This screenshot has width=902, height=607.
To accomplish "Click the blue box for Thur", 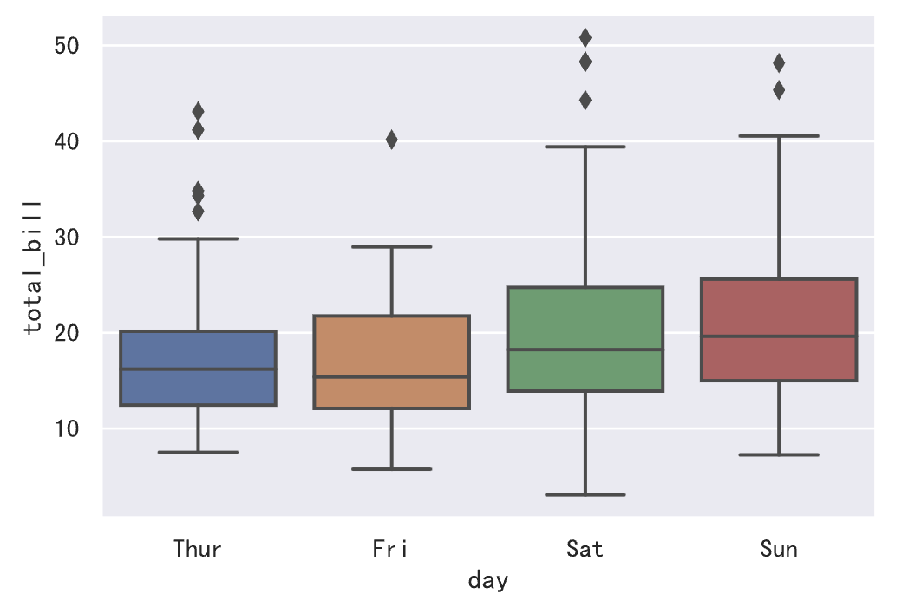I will coord(198,368).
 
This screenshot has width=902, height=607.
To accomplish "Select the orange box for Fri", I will coord(391,362).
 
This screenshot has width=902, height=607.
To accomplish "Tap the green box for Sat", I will coord(585,339).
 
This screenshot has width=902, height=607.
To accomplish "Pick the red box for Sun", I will coord(779,330).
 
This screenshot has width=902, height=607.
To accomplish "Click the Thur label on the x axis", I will coord(198,549).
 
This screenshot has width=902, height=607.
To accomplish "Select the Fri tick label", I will coord(391,549).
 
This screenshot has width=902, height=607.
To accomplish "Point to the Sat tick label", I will coord(585,549).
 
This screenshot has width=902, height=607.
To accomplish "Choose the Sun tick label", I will coord(779,549).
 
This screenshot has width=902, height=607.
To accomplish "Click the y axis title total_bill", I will coord(32,267).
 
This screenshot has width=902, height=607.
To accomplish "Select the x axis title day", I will coord(487,580).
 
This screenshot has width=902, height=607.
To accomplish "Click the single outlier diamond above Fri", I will coord(391,140).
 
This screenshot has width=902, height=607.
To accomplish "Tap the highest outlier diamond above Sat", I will coord(585,37).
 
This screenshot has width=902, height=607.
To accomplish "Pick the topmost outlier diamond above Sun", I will coord(779,62).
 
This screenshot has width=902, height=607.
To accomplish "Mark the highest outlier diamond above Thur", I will coord(198,111).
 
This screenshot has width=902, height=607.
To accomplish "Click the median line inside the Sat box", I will coord(585,349).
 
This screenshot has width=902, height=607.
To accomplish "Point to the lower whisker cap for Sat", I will coord(585,494).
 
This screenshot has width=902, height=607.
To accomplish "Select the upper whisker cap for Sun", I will coord(779,136).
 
